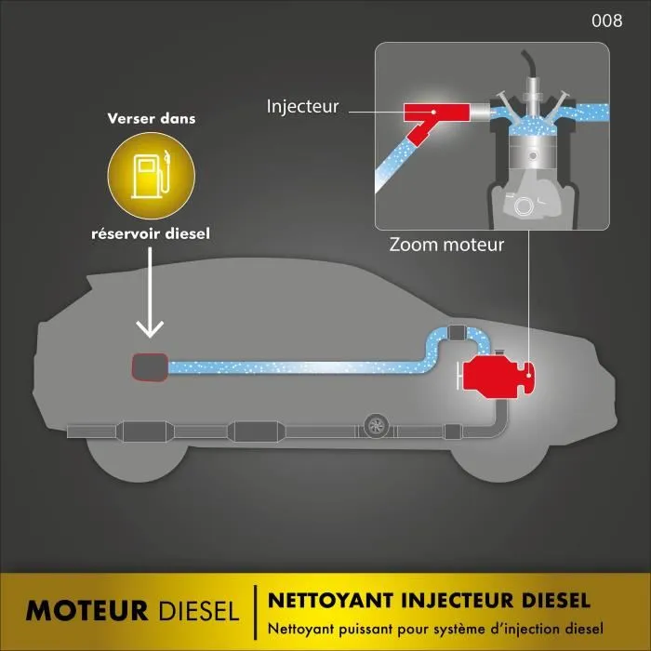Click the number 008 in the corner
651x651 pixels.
pos(606,21)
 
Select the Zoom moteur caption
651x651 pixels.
pos(447,246)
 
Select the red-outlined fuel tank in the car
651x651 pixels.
pos(148,366)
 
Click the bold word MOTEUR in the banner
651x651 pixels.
pos(86,610)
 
